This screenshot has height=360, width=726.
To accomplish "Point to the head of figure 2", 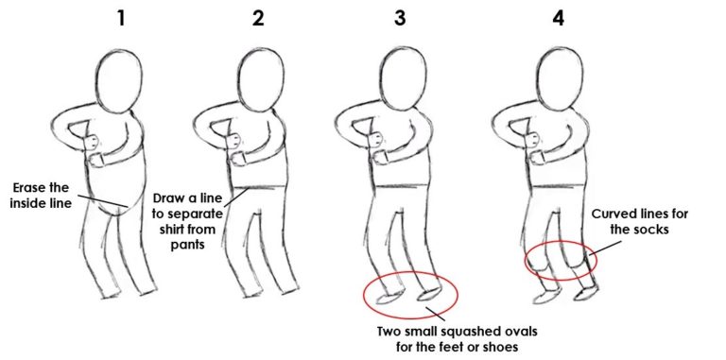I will [260, 80].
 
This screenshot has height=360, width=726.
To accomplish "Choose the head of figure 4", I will [559, 80].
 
